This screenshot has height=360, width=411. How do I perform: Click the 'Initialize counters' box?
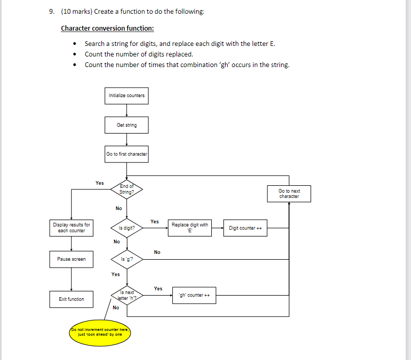[x=126, y=96]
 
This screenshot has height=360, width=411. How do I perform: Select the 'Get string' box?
[x=126, y=125]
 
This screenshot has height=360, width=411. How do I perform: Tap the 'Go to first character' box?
[x=126, y=154]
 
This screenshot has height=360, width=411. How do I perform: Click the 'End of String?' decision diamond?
[x=126, y=189]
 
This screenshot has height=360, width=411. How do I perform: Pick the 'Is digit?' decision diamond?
[x=126, y=228]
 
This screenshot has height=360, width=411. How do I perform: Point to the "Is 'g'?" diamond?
[x=126, y=259]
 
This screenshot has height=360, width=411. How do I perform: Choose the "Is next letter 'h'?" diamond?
[x=127, y=295]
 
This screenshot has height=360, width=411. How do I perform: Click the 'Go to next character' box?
[x=289, y=194]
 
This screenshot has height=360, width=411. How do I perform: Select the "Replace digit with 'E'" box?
[x=190, y=228]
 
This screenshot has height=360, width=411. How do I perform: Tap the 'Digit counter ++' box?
[x=246, y=228]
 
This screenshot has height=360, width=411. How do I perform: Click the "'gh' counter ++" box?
[x=194, y=295]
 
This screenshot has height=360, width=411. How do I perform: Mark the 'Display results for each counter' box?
[x=71, y=228]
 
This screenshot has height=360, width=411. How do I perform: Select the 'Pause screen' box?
[x=71, y=259]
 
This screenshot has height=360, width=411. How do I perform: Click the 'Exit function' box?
[x=71, y=299]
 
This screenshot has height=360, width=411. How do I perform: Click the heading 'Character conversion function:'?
[x=107, y=28]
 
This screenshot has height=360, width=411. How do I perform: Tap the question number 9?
[x=50, y=12]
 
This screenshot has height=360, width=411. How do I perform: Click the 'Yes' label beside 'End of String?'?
[x=99, y=183]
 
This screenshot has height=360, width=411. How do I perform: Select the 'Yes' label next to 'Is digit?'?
[x=154, y=222]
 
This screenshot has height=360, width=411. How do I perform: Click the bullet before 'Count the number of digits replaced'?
[x=77, y=54]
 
